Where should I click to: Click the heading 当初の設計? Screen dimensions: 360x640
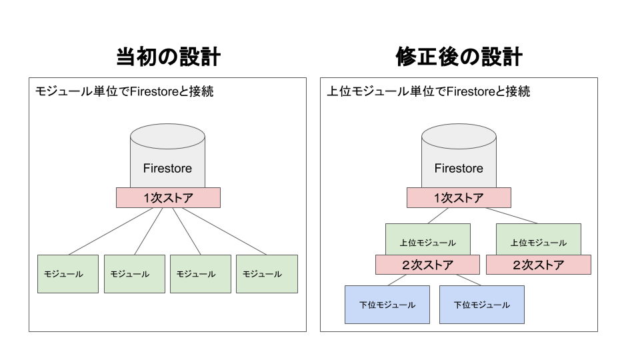tap(168, 57)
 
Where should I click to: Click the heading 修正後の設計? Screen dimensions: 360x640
tap(459, 57)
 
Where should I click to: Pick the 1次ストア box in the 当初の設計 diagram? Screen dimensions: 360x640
tap(168, 198)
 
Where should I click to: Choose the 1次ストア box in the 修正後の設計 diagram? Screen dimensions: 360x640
tap(459, 198)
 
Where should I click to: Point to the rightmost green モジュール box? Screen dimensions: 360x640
tap(267, 274)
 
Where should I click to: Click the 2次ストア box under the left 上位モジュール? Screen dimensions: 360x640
tap(427, 265)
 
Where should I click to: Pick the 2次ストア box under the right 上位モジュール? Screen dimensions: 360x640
tap(539, 265)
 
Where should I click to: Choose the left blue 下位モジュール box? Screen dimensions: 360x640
tap(387, 305)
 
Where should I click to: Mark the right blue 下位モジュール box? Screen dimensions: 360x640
tap(482, 305)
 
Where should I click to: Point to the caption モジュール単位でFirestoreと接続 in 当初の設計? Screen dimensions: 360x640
tap(125, 92)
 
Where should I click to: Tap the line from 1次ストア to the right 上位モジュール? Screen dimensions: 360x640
tap(507, 215)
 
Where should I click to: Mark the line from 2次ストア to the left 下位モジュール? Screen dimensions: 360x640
tap(398, 280)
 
